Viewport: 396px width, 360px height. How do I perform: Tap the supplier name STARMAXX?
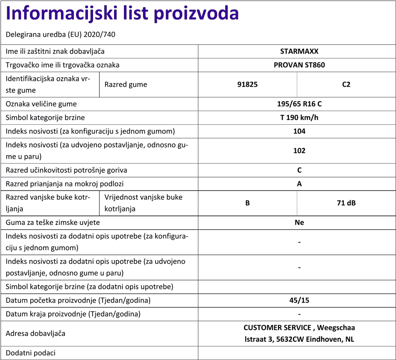[299, 51]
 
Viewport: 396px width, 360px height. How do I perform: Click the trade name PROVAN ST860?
[299, 65]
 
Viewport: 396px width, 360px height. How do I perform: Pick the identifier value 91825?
[247, 84]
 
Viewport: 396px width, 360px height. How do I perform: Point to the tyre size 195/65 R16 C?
[299, 104]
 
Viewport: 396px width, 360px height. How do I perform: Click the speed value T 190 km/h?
[299, 118]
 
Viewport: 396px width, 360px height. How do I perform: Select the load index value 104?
[299, 131]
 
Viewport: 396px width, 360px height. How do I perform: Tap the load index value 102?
[299, 150]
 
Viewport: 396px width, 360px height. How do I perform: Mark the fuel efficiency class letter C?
[299, 170]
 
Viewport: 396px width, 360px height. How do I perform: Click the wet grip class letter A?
[299, 184]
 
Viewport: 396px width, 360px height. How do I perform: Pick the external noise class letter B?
[247, 203]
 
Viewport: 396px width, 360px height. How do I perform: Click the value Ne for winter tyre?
[299, 223]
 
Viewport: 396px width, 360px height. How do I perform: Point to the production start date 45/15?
[299, 300]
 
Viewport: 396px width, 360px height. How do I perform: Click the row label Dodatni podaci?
[30, 352]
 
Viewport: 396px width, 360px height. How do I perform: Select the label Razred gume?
[126, 84]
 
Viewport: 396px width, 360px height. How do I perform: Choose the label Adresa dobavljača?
[35, 333]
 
